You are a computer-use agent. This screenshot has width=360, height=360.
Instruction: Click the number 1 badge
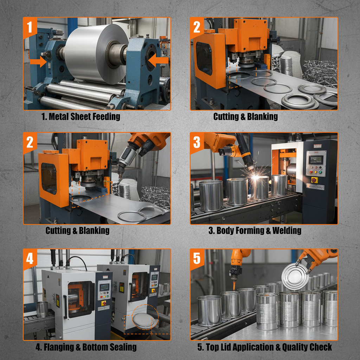(x=30, y=27)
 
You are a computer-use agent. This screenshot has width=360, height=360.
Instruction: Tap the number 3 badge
(x=197, y=142)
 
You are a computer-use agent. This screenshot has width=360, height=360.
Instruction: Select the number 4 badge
(x=30, y=259)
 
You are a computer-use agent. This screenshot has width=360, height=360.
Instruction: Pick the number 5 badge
(x=197, y=259)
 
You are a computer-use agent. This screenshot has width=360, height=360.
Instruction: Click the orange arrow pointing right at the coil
(x=38, y=62)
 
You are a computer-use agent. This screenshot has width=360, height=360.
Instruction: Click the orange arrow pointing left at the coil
(x=158, y=60)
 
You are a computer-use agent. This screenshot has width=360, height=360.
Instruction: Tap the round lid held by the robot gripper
(x=295, y=276)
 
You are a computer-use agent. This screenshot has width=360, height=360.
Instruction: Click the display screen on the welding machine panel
(x=316, y=160)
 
